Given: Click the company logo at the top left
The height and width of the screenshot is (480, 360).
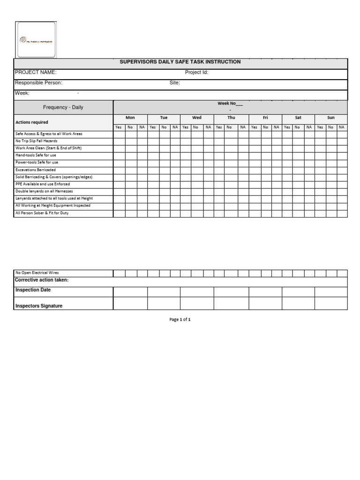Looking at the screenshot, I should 36,40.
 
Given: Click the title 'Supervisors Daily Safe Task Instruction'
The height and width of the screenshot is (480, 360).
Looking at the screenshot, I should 180,62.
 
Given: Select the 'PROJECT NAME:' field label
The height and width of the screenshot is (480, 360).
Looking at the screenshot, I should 36,72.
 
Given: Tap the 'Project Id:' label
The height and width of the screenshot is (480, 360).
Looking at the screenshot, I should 196,72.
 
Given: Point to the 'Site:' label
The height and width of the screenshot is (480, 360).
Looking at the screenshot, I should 175,82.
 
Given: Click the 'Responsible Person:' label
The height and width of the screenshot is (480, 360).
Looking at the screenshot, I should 38,82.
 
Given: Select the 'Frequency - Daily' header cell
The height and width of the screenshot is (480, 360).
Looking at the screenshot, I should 63,107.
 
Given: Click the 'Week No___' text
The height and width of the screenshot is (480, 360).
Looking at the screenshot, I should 230,103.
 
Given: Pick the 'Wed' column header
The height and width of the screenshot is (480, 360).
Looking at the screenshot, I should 197,118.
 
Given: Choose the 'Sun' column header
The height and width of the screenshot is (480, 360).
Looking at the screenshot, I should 331,118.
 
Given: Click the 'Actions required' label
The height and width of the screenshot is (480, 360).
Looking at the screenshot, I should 32,122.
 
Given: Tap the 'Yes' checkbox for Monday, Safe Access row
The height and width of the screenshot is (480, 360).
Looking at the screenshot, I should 119,134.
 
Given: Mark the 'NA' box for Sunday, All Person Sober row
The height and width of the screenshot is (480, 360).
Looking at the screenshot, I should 342,213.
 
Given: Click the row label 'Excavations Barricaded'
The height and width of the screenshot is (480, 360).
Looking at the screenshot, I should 36,170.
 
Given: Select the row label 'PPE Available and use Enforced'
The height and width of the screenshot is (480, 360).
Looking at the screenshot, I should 43,184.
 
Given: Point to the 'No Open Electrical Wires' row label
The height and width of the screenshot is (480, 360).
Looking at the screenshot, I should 37,273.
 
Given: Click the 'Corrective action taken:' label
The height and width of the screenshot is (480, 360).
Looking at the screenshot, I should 42,280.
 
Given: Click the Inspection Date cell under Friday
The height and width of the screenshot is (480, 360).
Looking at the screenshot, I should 265,292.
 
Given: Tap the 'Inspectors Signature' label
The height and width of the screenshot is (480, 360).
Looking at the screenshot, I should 39,306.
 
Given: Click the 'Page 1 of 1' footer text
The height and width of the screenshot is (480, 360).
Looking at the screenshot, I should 180,319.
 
